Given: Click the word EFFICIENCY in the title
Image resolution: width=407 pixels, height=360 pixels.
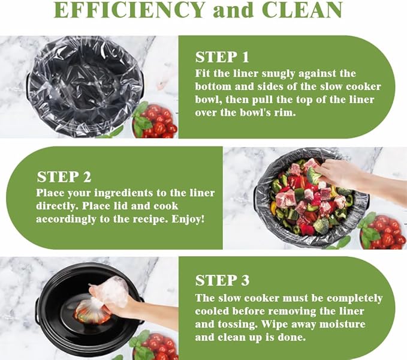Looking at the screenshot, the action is click(129, 10).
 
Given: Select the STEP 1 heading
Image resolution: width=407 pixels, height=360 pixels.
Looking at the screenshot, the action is click(222, 57).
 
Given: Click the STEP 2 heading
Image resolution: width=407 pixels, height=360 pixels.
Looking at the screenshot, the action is click(64, 177).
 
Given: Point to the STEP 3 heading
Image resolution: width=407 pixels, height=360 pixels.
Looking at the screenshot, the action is click(222, 281).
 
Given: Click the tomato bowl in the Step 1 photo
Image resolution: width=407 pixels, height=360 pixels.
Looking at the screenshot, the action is click(155, 121).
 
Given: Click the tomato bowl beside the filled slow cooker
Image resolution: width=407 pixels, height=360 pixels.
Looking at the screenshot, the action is click(382, 232).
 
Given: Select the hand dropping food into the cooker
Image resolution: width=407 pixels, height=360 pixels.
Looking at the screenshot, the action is click(358, 179).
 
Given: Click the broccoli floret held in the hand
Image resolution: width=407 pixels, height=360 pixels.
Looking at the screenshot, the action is click(313, 176).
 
